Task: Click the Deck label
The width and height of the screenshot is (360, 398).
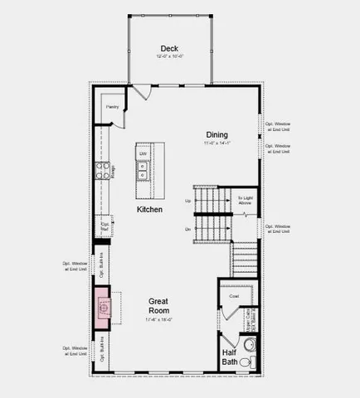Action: pos(169,48)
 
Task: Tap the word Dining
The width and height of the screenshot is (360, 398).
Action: pos(217,134)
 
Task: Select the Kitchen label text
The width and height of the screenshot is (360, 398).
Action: pos(149,210)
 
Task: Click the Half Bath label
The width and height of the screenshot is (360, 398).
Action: pos(230,357)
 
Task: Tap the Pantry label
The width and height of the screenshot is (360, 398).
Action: pos(112,107)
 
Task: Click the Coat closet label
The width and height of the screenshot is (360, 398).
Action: pos(234,296)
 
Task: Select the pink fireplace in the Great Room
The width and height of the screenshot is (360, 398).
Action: pos(104,308)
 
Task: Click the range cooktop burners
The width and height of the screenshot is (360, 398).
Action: pos(103,171)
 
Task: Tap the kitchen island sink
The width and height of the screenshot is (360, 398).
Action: pos(143,171)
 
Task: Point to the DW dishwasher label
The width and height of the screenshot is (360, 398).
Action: pos(143,154)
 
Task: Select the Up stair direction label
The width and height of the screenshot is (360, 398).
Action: pos(187,201)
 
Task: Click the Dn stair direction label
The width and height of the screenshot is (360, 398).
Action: pos(187,227)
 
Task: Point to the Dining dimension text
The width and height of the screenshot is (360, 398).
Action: pos(217,143)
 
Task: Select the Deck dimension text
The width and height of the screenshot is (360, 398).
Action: pos(169,56)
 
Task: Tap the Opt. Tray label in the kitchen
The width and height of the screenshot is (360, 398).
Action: pos(105,226)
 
